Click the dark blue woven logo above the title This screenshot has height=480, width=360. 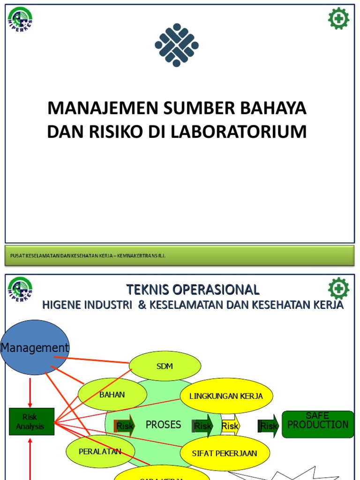pyautogui.click(x=177, y=45)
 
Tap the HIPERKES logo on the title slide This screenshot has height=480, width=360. pyautogui.click(x=20, y=20)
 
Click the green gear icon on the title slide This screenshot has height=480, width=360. pyautogui.click(x=338, y=19)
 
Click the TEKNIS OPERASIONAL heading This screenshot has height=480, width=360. pyautogui.click(x=192, y=289)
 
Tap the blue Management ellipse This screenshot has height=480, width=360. pyautogui.click(x=35, y=347)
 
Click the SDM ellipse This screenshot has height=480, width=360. pyautogui.click(x=165, y=366)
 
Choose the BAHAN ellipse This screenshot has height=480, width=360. pyautogui.click(x=112, y=395)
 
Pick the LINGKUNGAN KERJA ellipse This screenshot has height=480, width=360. pyautogui.click(x=226, y=396)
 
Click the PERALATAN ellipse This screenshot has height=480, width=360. pyautogui.click(x=100, y=451)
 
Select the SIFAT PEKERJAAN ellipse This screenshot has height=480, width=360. pyautogui.click(x=225, y=453)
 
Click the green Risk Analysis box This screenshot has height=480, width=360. pyautogui.click(x=31, y=421)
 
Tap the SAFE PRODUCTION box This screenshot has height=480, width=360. pyautogui.click(x=317, y=424)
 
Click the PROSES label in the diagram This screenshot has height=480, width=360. pyautogui.click(x=163, y=425)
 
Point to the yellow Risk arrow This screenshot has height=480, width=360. pyautogui.click(x=230, y=426)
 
